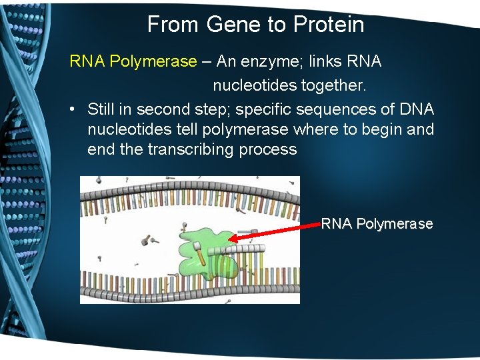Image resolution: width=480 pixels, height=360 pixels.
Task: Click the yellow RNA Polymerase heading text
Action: click(133, 62)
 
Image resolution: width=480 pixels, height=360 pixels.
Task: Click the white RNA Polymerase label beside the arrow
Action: click(377, 224)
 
